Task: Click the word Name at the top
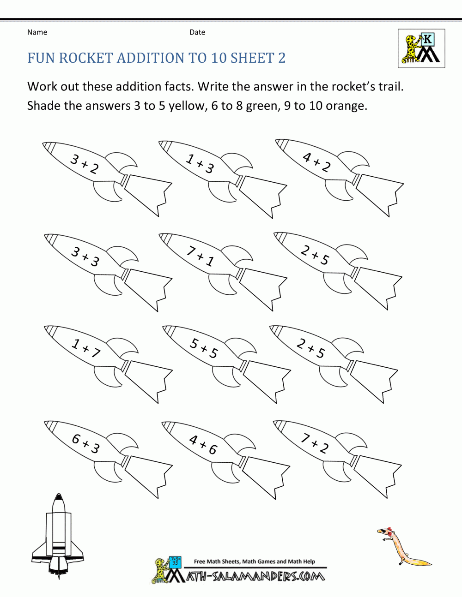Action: (x=37, y=32)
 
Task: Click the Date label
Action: (x=197, y=32)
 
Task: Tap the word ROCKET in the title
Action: (x=86, y=58)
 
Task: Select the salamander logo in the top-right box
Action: (x=421, y=48)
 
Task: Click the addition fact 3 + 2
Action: (x=85, y=165)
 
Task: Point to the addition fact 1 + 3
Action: (x=200, y=164)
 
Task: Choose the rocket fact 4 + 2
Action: (x=316, y=162)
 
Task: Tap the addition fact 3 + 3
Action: (x=85, y=257)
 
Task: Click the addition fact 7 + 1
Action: (x=201, y=257)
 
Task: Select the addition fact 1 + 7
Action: (x=86, y=348)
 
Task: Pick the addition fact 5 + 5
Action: (x=204, y=348)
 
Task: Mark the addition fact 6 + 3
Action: (x=86, y=443)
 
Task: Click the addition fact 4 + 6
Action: (x=203, y=445)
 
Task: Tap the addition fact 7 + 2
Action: (x=315, y=443)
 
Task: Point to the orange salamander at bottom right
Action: (x=402, y=547)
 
